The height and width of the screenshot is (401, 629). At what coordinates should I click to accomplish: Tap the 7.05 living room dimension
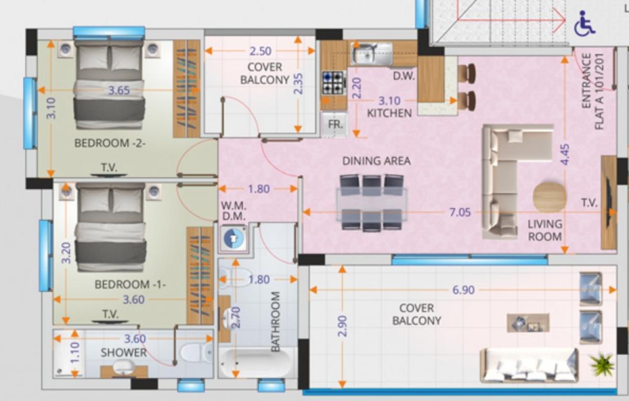tap(460, 212)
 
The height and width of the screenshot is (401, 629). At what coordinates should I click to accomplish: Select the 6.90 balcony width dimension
tap(463, 290)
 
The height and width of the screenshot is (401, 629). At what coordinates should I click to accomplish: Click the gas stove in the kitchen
tap(333, 83)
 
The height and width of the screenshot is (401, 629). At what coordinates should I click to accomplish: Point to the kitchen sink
tap(371, 53)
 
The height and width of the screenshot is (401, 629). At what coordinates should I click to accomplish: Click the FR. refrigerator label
tap(335, 124)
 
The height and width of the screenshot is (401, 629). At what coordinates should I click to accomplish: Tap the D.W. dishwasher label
tap(404, 76)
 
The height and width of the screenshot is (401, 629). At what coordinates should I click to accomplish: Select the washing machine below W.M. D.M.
tap(234, 239)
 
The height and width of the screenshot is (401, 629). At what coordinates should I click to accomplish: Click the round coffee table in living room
tap(550, 197)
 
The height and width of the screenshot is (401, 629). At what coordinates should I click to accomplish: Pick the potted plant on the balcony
tap(602, 364)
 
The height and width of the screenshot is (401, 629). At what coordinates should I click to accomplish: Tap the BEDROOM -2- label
tap(110, 143)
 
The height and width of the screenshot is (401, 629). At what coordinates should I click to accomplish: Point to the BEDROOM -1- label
tap(131, 285)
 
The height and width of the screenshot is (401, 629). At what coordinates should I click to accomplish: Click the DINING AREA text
tap(376, 161)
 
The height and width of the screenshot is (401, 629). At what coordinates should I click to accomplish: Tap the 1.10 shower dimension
tap(75, 353)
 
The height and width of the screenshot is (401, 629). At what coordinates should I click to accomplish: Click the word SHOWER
tap(124, 353)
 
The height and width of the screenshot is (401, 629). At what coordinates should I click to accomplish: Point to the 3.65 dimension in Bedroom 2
tap(119, 90)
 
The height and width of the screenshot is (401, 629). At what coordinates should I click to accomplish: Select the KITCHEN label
tap(389, 113)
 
